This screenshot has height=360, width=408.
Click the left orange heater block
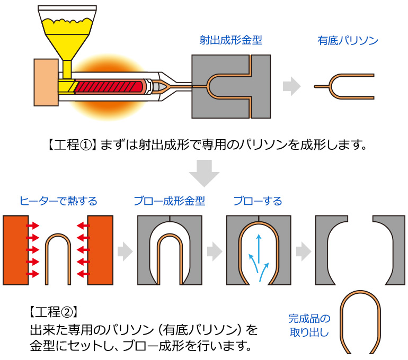click(x=15, y=249)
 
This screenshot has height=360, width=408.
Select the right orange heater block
click(x=101, y=249)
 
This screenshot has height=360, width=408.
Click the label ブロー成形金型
click(x=169, y=201)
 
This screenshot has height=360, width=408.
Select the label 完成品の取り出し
click(x=309, y=326)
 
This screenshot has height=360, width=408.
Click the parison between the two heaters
click(x=58, y=259)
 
